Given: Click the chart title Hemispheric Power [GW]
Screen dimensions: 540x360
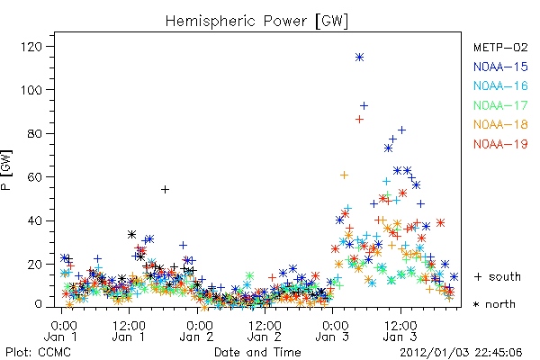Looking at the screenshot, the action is pos(256,22).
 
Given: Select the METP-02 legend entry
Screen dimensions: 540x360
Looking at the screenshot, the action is pos(500,47).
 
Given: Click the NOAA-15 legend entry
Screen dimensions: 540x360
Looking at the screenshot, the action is pos(500,67).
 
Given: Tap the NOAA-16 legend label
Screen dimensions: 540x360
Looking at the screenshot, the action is pos(500,85).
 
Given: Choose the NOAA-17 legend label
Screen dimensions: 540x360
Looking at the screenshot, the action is pos(500,105).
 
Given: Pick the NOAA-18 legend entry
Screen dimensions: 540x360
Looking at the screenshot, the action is pos(500,124).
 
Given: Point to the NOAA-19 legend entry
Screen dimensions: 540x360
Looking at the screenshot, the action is pos(500,144).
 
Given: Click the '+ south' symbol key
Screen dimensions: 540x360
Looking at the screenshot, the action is pos(498,276).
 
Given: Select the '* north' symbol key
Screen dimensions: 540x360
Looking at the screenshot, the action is pos(494,304).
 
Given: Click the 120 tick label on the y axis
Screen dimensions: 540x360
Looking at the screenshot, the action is pos(31,47).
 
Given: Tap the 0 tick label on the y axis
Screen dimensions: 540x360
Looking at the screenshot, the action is pos(39,304).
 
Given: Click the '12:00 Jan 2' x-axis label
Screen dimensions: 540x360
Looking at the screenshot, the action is pos(265,331).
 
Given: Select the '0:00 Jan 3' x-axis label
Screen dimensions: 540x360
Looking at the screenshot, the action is pos(333,331).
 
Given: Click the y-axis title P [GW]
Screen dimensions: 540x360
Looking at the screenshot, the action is pos(6,170).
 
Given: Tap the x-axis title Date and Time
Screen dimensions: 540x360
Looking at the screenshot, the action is pos(257,353).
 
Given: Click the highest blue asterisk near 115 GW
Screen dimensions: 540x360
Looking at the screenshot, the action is pos(359,58).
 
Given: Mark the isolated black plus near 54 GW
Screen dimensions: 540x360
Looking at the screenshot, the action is pos(165,190).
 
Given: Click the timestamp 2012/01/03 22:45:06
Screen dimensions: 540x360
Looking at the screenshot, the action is pos(461,353).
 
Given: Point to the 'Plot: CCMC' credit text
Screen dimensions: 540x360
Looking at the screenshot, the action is pos(38,353).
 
